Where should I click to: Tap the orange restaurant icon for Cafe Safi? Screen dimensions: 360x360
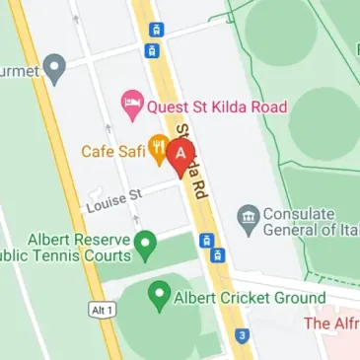click(157, 150)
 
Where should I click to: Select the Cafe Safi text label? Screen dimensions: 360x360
click(114, 152)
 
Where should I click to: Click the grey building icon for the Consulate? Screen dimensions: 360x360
click(248, 215)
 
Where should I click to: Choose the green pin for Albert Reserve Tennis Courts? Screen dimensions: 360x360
click(146, 243)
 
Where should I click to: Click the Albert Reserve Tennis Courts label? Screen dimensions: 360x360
click(69, 248)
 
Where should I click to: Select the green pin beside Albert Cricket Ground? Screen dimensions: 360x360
click(157, 294)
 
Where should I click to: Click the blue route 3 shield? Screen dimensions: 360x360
click(242, 336)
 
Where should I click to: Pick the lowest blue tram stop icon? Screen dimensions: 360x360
click(218, 255)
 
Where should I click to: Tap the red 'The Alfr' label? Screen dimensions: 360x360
click(331, 324)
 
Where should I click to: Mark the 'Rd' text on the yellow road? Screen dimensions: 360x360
click(199, 186)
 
